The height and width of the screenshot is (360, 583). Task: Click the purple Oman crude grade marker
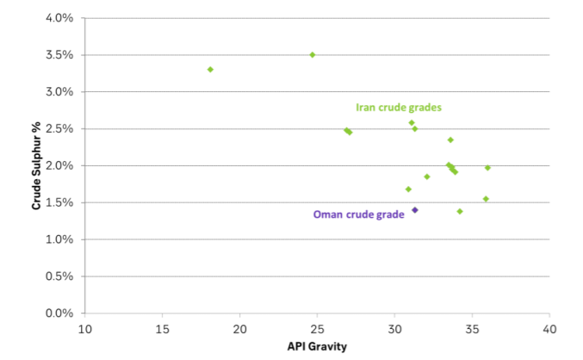click(x=414, y=210)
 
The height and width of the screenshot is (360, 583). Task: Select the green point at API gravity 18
click(x=210, y=69)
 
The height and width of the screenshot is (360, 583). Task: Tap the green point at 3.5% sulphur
click(x=313, y=54)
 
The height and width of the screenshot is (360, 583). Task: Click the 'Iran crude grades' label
click(x=398, y=108)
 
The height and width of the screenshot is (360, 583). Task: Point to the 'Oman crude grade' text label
click(x=358, y=214)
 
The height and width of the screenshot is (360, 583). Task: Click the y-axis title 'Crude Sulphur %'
click(x=37, y=165)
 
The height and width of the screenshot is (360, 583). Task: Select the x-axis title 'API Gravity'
click(x=317, y=346)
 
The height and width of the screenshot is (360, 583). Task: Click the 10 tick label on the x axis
click(x=84, y=329)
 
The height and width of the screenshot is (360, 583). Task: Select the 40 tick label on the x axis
click(x=549, y=329)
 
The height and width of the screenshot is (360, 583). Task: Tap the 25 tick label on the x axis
click(x=317, y=329)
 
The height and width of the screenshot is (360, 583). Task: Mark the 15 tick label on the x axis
click(x=162, y=329)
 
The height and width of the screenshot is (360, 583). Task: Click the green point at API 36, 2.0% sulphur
click(x=487, y=168)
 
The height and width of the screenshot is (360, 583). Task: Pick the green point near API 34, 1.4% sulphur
click(x=460, y=211)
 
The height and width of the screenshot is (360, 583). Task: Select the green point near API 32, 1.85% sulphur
click(x=426, y=177)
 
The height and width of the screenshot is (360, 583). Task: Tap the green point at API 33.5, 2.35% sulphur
click(x=450, y=140)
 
